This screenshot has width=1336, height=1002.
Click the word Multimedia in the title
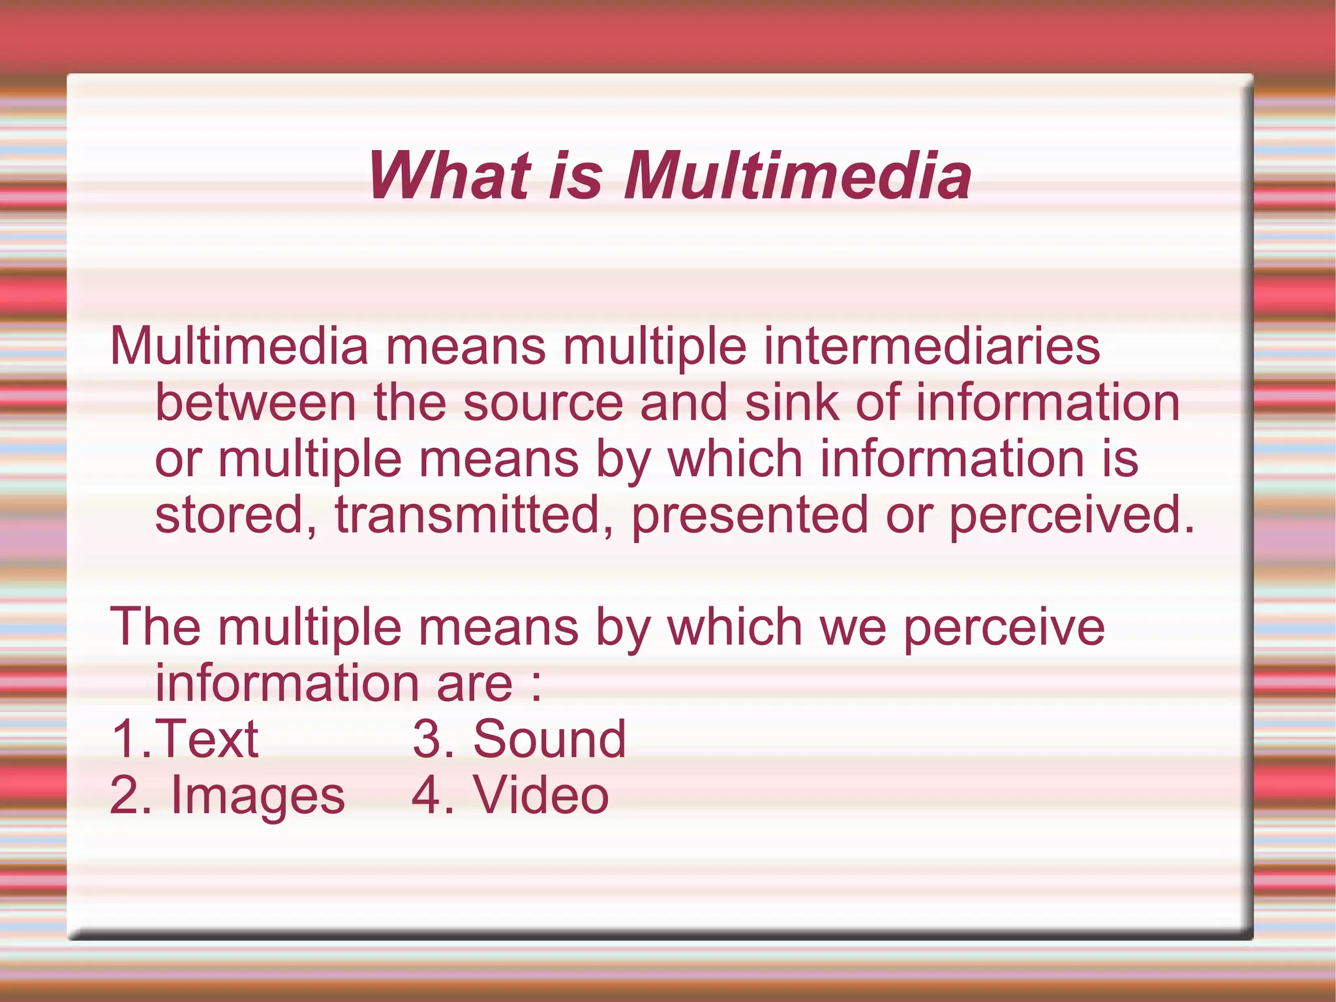(x=797, y=176)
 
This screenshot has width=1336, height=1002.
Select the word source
(x=543, y=403)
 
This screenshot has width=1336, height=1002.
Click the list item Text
(x=206, y=740)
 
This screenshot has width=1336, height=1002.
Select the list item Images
(x=258, y=796)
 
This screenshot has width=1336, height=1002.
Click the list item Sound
(x=549, y=740)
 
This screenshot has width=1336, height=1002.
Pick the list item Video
(x=541, y=796)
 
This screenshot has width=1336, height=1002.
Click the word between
(x=255, y=403)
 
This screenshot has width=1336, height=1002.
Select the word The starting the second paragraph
(x=155, y=627)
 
